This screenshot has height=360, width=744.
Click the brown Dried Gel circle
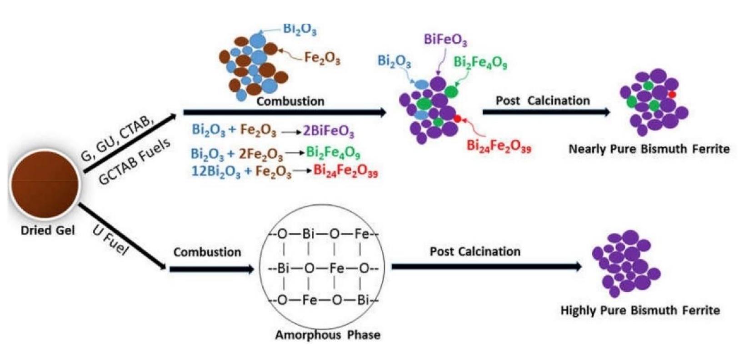point(45,184)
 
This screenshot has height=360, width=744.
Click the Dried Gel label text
point(48,230)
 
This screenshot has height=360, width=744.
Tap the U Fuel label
point(110,240)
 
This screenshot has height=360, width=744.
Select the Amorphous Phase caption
point(328,335)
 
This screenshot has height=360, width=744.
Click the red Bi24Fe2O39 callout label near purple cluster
point(499,146)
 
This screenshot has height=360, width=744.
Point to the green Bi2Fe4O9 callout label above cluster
point(480,62)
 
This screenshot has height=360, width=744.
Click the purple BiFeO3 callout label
point(445,40)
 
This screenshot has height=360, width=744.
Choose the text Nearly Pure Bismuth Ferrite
point(649,149)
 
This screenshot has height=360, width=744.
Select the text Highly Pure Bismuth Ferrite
point(640,310)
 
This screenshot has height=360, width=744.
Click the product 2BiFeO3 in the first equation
point(329,131)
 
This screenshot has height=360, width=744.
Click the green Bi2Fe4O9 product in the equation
point(333,153)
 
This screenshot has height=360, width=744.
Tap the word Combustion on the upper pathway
point(290,101)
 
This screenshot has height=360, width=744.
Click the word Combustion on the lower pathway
point(207,252)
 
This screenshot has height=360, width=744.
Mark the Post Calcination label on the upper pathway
point(543,100)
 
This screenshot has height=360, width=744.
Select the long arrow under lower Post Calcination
point(487,267)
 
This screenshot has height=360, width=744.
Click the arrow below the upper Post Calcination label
point(546,112)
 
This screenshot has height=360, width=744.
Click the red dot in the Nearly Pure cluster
point(672,95)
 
